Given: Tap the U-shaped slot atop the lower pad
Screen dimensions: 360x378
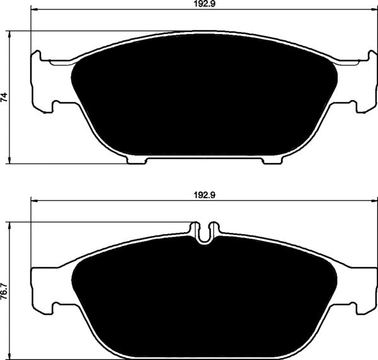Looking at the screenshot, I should (x=203, y=232).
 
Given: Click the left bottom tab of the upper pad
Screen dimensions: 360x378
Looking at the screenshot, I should (x=137, y=159).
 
